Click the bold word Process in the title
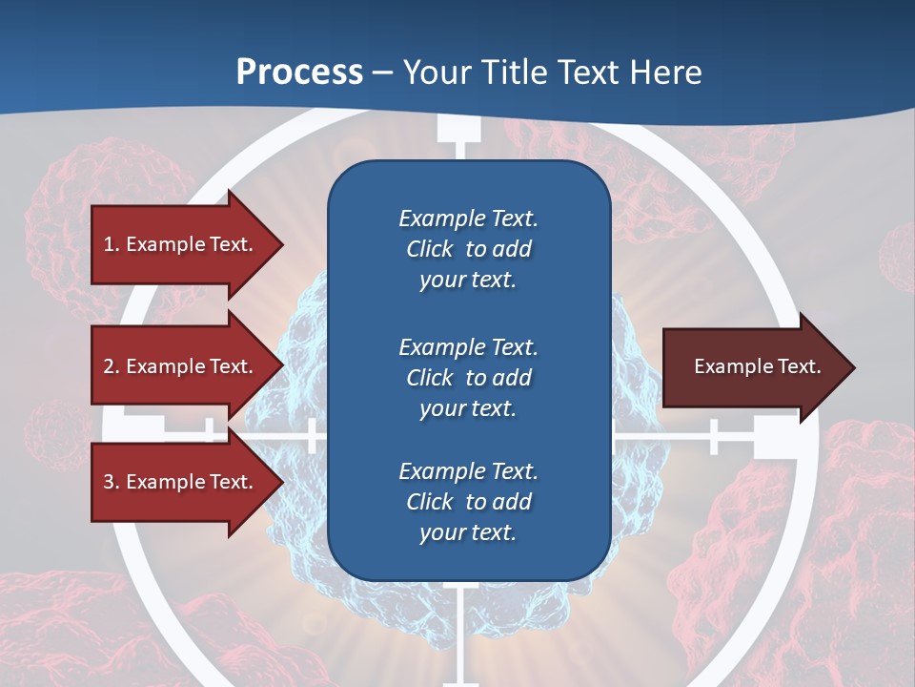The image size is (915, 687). coord(299,72)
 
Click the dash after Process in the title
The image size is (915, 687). coord(382,73)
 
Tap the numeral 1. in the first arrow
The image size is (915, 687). coord(112,244)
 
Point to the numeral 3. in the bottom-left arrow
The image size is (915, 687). coord(112,482)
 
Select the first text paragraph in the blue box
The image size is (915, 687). coord(468,249)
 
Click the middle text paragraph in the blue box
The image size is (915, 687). coord(468,378)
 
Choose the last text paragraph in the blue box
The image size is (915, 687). coord(468,502)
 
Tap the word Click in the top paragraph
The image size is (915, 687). coord(429,249)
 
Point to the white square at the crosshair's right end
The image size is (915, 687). coord(775,437)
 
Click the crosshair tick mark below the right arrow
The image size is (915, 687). coord(713,437)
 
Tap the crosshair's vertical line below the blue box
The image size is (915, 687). coord(460,630)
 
